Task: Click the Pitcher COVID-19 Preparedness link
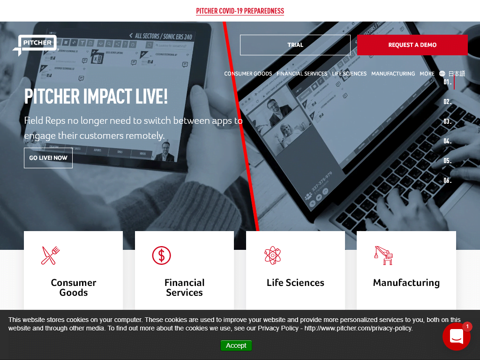[x=240, y=11]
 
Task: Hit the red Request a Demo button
[x=412, y=45]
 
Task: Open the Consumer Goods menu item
[x=248, y=74]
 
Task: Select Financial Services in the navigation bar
[x=302, y=74]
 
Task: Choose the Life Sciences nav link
[x=349, y=74]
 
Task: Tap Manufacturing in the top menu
[x=393, y=74]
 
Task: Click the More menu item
[x=427, y=74]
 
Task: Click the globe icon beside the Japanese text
[x=442, y=74]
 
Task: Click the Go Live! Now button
[x=48, y=158]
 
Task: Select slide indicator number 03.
[x=448, y=121]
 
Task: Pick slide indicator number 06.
[x=448, y=180]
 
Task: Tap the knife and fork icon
[x=51, y=255]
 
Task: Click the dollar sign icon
[x=161, y=255]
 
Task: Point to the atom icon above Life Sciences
[x=272, y=255]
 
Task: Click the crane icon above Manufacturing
[x=383, y=255]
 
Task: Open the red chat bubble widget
[x=456, y=336]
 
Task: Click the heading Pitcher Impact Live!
[x=96, y=97]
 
